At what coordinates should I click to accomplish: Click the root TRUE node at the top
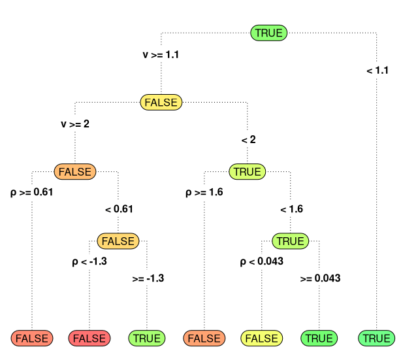pos(268,33)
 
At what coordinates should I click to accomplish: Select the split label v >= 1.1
pos(161,55)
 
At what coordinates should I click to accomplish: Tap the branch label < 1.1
pos(377,70)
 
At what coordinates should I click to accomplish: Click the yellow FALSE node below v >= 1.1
pos(161,103)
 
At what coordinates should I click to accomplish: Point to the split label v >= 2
pos(75,124)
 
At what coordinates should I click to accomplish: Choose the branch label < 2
pos(248,139)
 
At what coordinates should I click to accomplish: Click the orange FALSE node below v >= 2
pos(75,172)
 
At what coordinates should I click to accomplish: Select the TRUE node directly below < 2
pos(248,172)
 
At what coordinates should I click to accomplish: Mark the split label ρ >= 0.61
pos(32,193)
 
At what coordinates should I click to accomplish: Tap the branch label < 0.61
pos(118,209)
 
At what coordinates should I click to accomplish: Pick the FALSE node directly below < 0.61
pos(118,241)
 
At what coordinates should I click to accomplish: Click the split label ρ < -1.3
pos(89,262)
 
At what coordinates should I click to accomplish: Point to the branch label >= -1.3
pos(148,278)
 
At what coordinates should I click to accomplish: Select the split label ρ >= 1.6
pos(204,193)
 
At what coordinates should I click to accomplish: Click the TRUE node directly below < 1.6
pos(290,241)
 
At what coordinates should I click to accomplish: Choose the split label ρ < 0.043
pos(262,262)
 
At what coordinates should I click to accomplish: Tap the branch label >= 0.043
pos(320,278)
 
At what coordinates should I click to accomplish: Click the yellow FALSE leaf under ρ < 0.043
pos(262,338)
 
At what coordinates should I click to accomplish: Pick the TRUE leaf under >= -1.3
pos(147,338)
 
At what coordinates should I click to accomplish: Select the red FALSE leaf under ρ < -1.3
pos(89,338)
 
